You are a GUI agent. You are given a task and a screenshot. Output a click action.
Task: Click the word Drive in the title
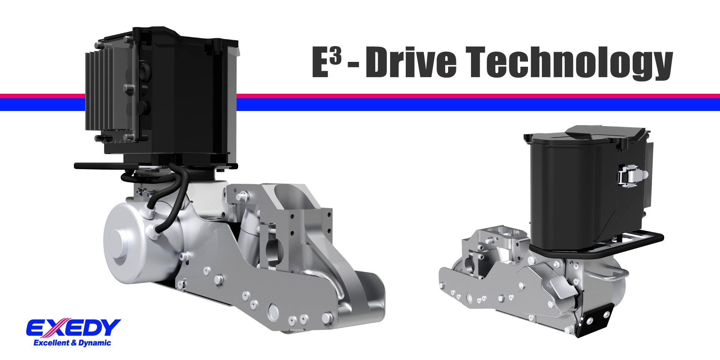(x=411, y=62)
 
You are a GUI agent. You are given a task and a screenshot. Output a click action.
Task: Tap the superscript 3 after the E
(x=336, y=56)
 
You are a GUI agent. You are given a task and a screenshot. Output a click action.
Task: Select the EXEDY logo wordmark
(x=73, y=328)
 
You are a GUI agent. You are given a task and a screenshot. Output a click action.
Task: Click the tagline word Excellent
(x=51, y=343)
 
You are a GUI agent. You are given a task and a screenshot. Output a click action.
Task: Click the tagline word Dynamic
(x=95, y=343)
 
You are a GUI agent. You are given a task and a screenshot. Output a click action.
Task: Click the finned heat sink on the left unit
(x=98, y=91)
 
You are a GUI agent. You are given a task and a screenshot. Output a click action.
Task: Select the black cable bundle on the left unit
(x=176, y=195)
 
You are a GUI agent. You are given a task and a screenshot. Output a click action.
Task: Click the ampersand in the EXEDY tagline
(x=73, y=343)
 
